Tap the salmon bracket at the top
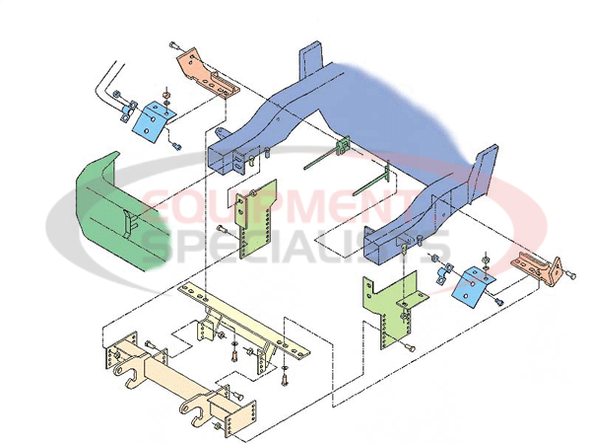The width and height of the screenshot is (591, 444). coord(208,74)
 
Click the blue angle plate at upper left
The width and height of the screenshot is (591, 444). coord(154,121)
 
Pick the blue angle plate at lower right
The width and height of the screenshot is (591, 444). coord(474,287)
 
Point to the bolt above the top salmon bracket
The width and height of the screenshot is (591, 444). coord(175,45)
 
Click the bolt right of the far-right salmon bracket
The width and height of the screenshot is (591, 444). coord(570,276)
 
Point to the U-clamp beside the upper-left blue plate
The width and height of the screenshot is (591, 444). coord(128,111)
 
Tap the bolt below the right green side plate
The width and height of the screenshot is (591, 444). coord(410,347)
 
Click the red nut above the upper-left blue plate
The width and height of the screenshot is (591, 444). coord(165,94)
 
